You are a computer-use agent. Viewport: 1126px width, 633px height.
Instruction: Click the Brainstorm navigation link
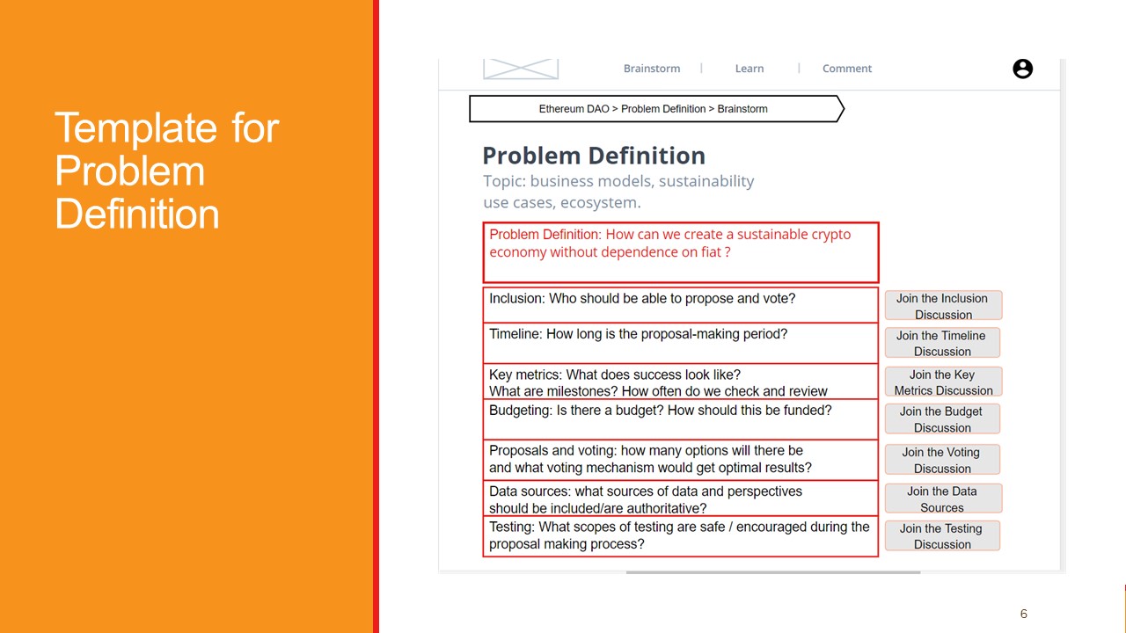pos(651,69)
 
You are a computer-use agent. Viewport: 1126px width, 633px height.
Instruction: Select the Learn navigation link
pos(749,69)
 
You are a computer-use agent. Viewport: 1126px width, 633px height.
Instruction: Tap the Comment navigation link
pos(847,69)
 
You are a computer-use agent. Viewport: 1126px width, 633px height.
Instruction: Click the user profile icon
pos(1022,69)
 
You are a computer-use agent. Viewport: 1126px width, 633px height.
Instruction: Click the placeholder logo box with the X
pos(521,69)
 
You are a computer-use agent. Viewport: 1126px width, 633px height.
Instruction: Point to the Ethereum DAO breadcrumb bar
pos(655,109)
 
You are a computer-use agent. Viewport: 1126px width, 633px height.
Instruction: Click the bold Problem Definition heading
pos(594,156)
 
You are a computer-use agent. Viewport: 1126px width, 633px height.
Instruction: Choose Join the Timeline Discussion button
pos(942,343)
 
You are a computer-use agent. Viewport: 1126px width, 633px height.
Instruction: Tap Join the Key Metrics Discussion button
pos(943,382)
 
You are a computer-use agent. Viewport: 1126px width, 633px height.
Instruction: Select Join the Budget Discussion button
pos(942,419)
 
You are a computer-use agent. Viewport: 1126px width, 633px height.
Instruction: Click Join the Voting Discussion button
pos(942,460)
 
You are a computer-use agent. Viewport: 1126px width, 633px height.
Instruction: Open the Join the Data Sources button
pos(942,499)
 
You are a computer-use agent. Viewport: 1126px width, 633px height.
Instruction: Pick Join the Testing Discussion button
pos(942,536)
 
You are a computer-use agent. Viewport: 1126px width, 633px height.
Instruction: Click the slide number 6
pos(1023,614)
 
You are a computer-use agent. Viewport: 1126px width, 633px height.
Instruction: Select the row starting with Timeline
pos(680,342)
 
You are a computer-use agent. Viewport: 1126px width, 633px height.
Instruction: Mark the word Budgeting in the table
pos(519,411)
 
